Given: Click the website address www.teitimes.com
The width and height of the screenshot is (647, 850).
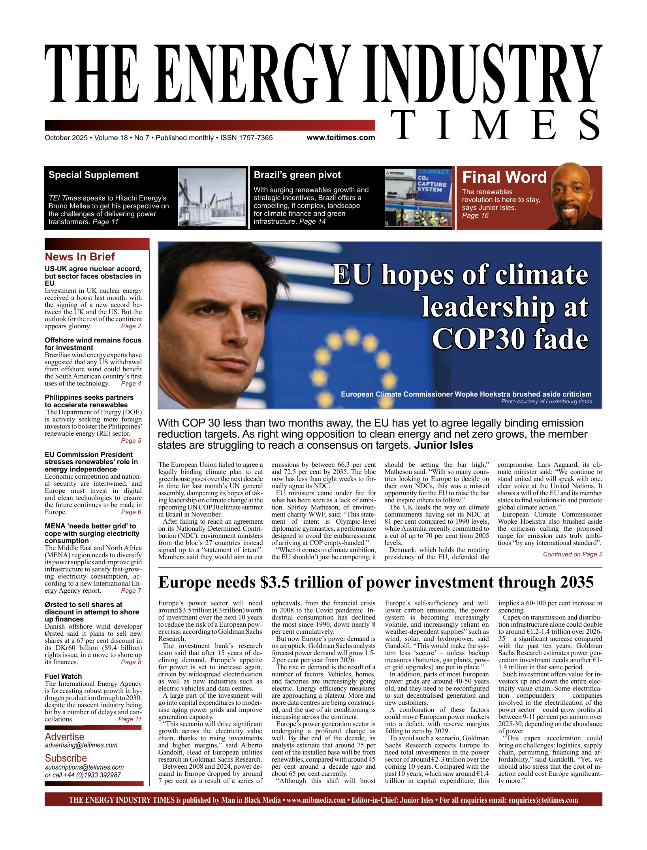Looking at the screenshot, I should coord(340,138).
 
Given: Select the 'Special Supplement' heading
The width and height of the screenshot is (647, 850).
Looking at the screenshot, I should coord(94,175).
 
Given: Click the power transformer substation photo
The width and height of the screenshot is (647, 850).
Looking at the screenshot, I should coord(212,197).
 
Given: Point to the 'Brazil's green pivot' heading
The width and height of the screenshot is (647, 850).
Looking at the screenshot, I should coord(297,175).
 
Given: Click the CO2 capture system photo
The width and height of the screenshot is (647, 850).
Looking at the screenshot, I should coord(418,197).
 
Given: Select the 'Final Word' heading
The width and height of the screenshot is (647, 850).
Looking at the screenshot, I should coord(504,177).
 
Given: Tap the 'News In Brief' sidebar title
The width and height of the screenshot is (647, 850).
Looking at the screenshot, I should coord(80,257).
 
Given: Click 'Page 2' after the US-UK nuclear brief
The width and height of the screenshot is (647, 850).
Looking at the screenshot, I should coord(131,326).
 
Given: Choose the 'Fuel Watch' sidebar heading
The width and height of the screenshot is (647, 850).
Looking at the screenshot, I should coord(63,676).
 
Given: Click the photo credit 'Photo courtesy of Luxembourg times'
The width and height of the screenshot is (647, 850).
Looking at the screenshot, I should coord(546,402).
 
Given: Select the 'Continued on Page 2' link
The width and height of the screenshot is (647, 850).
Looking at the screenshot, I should coord(572,554).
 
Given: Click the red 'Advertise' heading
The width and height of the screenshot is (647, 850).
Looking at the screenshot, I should coord(64,737).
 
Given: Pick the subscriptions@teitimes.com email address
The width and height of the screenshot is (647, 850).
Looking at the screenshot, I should coord(84,767).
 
